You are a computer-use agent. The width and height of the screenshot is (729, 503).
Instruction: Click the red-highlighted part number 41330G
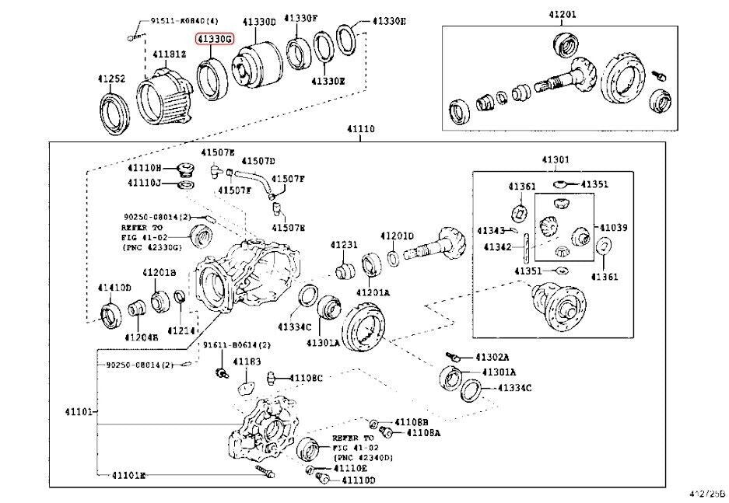point(215,38)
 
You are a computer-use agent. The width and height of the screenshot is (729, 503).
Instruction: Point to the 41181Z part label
point(169,54)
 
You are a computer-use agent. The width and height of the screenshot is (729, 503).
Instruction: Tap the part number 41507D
point(258,161)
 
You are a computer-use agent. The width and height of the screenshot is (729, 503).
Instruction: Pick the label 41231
point(343,245)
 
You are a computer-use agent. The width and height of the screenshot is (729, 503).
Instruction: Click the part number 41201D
point(397,236)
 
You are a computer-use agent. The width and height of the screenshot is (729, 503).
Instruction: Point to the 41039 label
point(613,228)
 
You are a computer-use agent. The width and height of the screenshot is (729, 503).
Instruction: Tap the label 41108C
point(306,378)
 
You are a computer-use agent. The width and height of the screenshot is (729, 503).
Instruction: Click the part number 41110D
point(358,480)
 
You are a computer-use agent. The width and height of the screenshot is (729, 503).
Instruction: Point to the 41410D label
point(114,288)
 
